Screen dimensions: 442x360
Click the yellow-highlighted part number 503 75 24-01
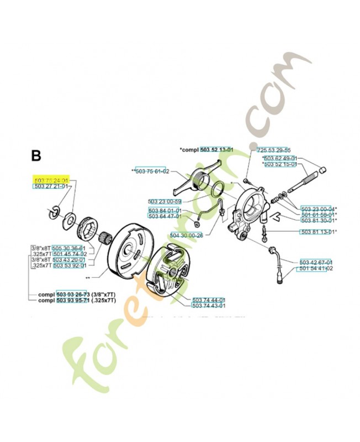[50, 180]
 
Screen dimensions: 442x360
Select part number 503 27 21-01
[50, 187]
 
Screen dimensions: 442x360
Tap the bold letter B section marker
[36, 156]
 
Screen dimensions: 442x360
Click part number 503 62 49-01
[282, 157]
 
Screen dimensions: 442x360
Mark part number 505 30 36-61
[68, 248]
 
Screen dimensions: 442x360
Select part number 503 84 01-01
[165, 211]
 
